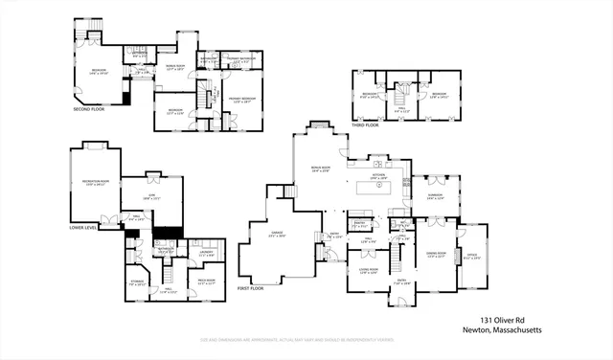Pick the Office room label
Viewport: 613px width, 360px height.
coord(473,257)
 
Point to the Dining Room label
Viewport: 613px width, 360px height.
coord(435,256)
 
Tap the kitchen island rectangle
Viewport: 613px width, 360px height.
coord(378,187)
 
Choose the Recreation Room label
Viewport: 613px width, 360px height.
coord(94,182)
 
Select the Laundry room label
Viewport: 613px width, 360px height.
coord(205,254)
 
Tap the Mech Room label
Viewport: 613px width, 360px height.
coord(204,282)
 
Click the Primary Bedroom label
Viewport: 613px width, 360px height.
coord(241,100)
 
